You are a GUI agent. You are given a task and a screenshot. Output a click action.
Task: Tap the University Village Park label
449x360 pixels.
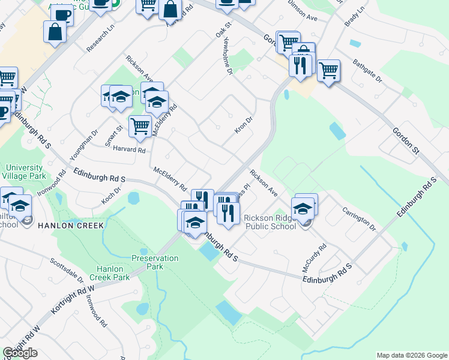pyautogui.click(x=25, y=172)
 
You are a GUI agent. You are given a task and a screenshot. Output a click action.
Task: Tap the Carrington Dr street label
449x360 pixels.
pyautogui.click(x=358, y=220)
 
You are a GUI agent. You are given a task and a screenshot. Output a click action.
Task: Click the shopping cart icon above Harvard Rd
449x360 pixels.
pyautogui.click(x=140, y=126)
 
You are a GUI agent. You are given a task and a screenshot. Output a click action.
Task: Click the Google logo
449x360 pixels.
pyautogui.click(x=20, y=353)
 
